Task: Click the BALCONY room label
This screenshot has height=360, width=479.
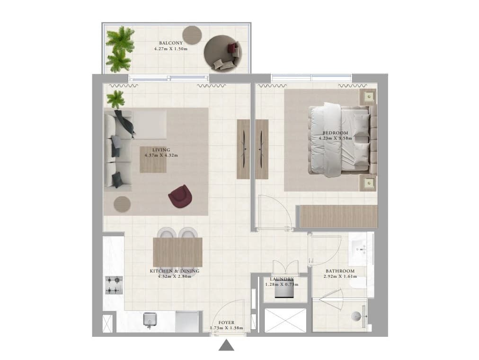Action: tap(171, 43)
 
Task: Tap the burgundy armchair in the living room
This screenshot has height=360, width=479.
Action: tap(180, 196)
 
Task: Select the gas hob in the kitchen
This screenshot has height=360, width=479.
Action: tap(114, 285)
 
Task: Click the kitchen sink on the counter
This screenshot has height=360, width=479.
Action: tap(150, 319)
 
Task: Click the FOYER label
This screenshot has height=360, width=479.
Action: tap(226, 323)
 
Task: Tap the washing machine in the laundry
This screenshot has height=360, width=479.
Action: tap(284, 290)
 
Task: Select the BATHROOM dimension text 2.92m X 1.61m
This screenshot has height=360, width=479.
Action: tap(340, 276)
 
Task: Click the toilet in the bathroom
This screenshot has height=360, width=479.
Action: tap(357, 316)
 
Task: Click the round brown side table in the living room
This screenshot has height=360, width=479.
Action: tap(122, 204)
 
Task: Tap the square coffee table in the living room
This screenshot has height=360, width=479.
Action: tap(153, 160)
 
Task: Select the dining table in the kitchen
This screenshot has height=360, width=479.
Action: tap(177, 252)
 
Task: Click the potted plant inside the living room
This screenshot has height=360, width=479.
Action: tap(115, 99)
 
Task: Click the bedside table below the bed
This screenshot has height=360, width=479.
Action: tap(368, 183)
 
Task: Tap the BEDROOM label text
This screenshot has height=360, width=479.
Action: tap(336, 133)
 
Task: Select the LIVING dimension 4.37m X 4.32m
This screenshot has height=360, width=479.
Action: tap(161, 155)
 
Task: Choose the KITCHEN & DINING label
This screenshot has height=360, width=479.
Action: tap(175, 271)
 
